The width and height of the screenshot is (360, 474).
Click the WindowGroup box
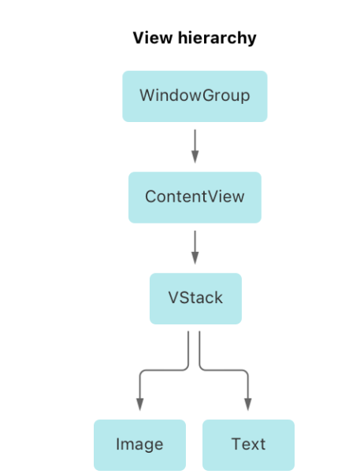coord(195,96)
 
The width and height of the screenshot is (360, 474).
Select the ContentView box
coord(195,198)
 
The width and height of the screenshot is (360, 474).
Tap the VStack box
coord(195,298)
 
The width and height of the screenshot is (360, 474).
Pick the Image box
coord(139,445)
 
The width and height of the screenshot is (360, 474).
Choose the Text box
coord(248,445)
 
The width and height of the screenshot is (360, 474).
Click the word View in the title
coord(153,38)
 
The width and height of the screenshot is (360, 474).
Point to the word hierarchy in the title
coord(217,39)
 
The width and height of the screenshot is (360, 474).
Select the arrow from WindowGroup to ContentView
coord(195,146)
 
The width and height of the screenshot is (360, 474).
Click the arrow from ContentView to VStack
coord(195,247)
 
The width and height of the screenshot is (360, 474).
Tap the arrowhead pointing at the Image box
coord(139,405)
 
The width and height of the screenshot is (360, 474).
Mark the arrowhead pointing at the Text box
coord(248,405)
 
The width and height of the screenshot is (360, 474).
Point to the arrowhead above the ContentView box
coord(195,157)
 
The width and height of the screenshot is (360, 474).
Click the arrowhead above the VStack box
coord(195,258)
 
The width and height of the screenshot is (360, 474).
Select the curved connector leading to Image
coord(163,370)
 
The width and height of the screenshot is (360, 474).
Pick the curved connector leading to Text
coord(224,370)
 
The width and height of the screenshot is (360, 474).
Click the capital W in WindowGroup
coord(148,95)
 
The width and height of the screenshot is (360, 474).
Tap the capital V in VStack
coord(174,298)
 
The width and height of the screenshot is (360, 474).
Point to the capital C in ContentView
coord(150,197)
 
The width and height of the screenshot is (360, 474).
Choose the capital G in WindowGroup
coord(208,95)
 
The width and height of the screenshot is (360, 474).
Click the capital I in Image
coord(118,444)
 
